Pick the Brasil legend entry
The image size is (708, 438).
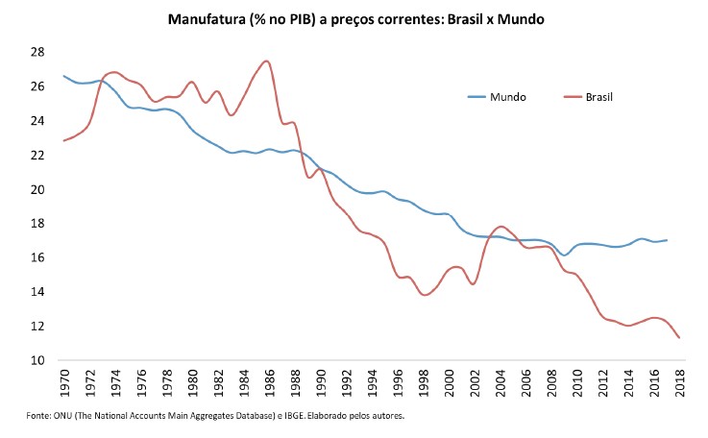click(596, 97)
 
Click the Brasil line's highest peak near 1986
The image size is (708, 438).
click(266, 61)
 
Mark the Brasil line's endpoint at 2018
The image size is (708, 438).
click(678, 337)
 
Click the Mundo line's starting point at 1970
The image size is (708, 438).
click(64, 76)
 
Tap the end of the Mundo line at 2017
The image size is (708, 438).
click(666, 240)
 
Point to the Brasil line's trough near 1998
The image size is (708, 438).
click(425, 295)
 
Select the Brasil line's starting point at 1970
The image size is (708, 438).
click(64, 140)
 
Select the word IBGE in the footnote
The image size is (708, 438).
click(287, 416)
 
